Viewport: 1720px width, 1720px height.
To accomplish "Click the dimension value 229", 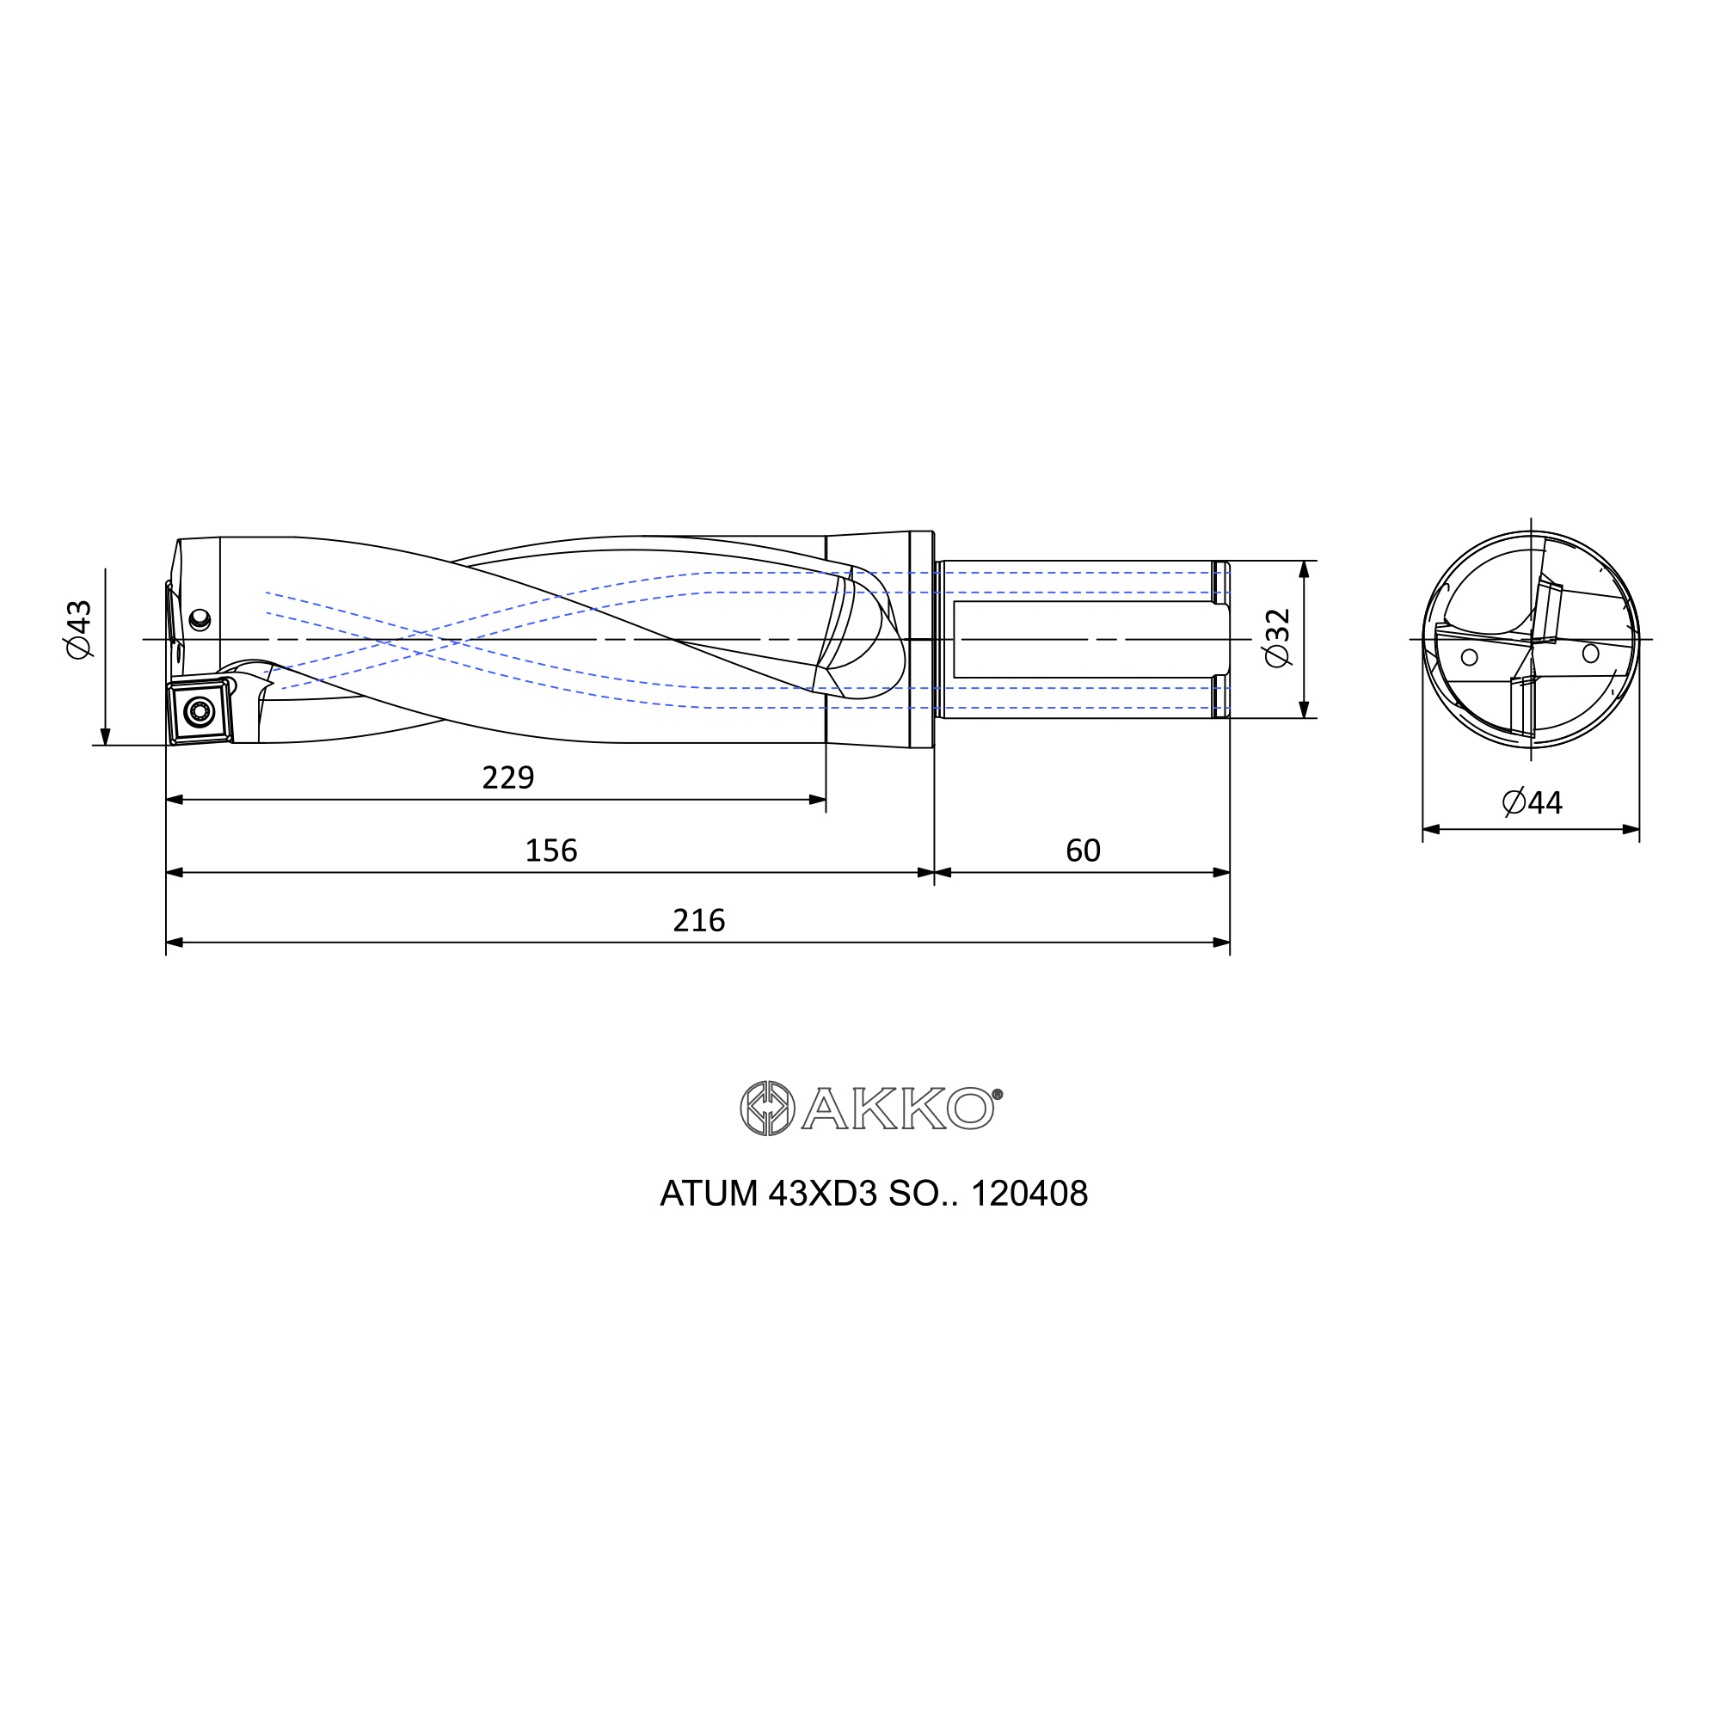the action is [507, 778].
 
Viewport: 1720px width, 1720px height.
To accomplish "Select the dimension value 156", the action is [551, 851].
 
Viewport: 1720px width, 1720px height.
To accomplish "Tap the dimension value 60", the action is [1083, 851].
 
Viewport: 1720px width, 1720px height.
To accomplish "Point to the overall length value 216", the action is [699, 920].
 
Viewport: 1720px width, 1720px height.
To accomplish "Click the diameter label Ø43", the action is [79, 630].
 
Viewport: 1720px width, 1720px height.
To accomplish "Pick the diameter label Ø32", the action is [1276, 638].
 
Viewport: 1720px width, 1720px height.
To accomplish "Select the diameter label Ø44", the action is [1533, 803].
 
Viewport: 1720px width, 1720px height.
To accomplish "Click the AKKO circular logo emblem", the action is [767, 1109].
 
